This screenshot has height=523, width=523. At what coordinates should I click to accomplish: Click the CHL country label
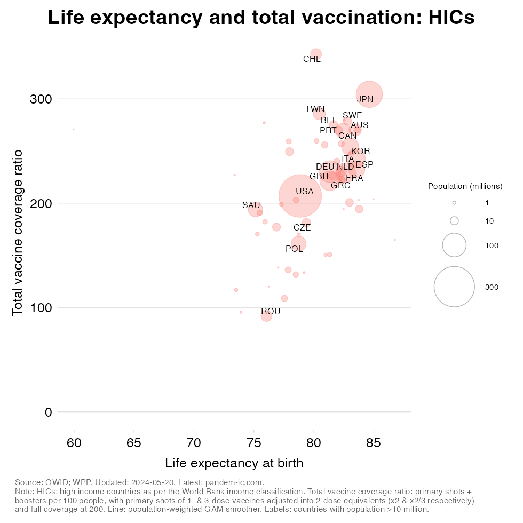pyautogui.click(x=312, y=59)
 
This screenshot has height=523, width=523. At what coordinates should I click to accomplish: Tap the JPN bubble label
pyautogui.click(x=365, y=99)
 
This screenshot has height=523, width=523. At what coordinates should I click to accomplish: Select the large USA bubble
pyautogui.click(x=300, y=196)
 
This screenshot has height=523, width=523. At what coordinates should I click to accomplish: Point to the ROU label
pyautogui.click(x=271, y=312)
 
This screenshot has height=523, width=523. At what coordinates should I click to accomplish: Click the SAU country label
pyautogui.click(x=251, y=205)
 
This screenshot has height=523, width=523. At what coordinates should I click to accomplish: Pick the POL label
pyautogui.click(x=294, y=249)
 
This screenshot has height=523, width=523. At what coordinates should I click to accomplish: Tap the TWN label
pyautogui.click(x=315, y=109)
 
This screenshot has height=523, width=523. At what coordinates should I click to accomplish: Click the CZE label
pyautogui.click(x=302, y=228)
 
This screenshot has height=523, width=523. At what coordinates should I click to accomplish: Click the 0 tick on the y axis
pyautogui.click(x=48, y=412)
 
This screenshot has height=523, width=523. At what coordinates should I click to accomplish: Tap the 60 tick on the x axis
pyautogui.click(x=74, y=442)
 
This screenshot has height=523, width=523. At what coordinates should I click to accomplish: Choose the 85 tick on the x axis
pyautogui.click(x=374, y=442)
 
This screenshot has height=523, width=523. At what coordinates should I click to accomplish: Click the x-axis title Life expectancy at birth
pyautogui.click(x=234, y=463)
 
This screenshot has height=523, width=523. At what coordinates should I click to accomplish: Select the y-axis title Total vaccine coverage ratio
pyautogui.click(x=18, y=232)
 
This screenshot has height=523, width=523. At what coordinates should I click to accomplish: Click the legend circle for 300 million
pyautogui.click(x=454, y=287)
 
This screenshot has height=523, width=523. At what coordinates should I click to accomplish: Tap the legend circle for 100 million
pyautogui.click(x=454, y=245)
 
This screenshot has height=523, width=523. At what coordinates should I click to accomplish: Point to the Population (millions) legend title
pyautogui.click(x=465, y=186)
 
